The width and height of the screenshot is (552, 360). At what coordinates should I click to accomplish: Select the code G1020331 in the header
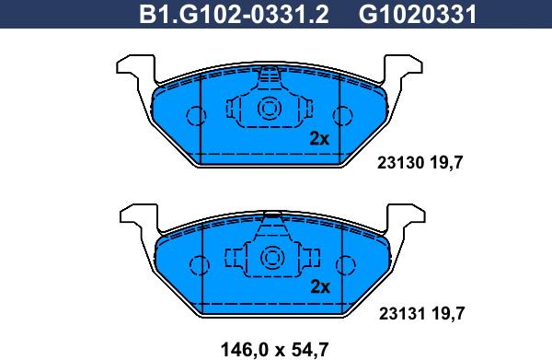tap(404, 14)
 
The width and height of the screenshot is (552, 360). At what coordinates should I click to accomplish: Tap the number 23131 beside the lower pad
tap(400, 313)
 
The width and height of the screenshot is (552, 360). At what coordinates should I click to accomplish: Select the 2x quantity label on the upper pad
tap(319, 139)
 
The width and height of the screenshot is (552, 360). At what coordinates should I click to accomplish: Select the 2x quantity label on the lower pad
tap(319, 285)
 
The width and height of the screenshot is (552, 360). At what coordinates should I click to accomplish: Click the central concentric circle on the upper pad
tap(270, 110)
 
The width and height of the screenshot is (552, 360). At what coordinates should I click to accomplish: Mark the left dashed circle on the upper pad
tap(196, 116)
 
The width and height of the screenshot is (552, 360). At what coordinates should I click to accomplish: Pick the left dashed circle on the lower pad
tap(196, 263)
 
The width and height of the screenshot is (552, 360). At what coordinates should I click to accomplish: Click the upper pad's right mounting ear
tap(405, 69)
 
